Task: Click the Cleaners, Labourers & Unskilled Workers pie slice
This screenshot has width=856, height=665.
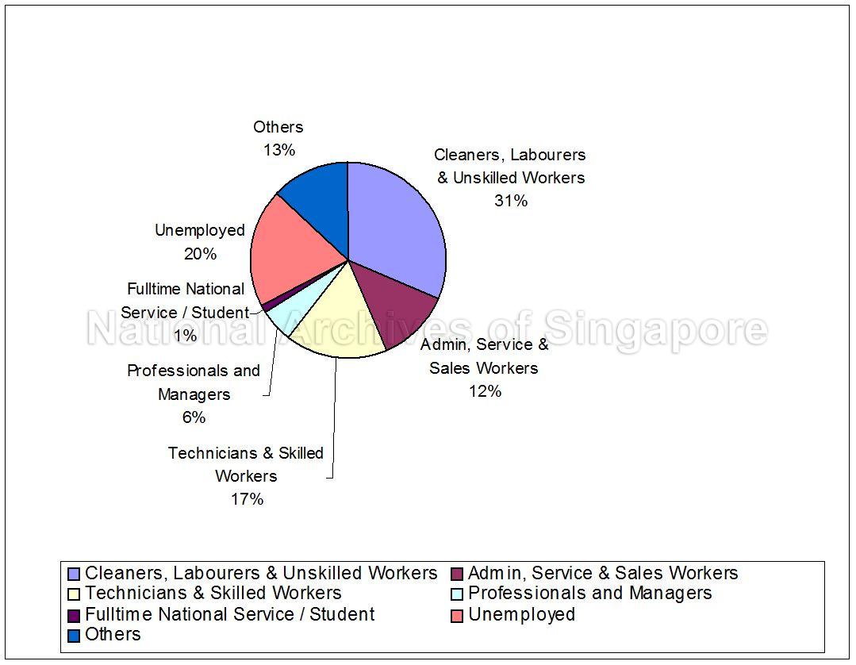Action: [397, 230]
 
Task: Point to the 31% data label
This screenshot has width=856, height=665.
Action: [511, 201]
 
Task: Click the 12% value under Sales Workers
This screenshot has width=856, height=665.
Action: [484, 391]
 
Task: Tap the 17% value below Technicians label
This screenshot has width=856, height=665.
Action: [247, 499]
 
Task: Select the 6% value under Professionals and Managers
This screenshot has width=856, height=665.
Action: [194, 417]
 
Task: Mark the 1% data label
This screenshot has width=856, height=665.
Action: [185, 336]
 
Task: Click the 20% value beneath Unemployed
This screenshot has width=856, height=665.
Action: [200, 254]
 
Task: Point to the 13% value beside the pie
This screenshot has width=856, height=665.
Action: [278, 150]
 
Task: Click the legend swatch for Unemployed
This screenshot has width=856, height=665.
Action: [457, 615]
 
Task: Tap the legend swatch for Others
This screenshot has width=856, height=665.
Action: [74, 635]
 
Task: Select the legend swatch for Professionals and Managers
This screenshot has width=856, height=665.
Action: [457, 594]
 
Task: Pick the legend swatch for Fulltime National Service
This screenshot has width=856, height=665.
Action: [74, 615]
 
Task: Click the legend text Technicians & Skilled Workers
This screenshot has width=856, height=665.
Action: [213, 594]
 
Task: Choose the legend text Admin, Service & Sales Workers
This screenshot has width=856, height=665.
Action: [603, 573]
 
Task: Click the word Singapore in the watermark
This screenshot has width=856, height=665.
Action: [655, 329]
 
